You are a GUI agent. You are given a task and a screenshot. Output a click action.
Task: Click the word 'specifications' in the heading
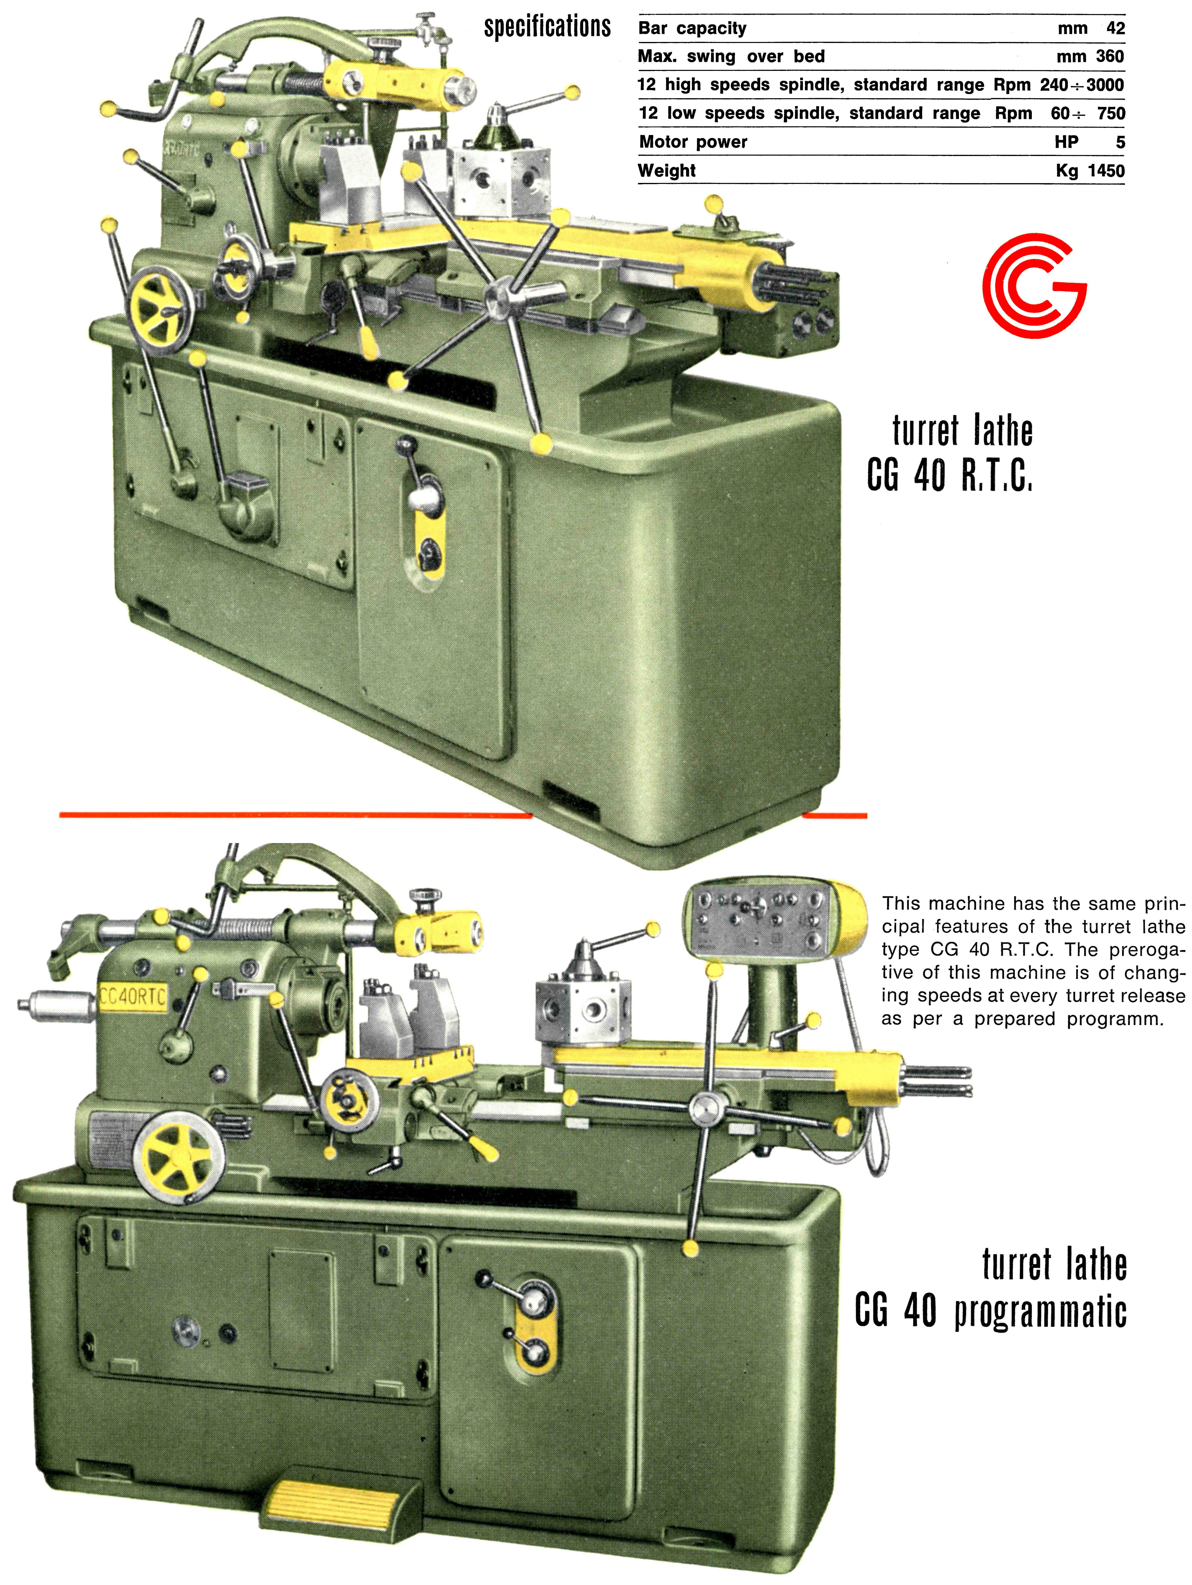coord(547,27)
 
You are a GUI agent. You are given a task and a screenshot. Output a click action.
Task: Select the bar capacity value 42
coord(1115,29)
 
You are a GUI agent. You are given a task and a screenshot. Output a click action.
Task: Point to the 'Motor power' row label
coord(693,142)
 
